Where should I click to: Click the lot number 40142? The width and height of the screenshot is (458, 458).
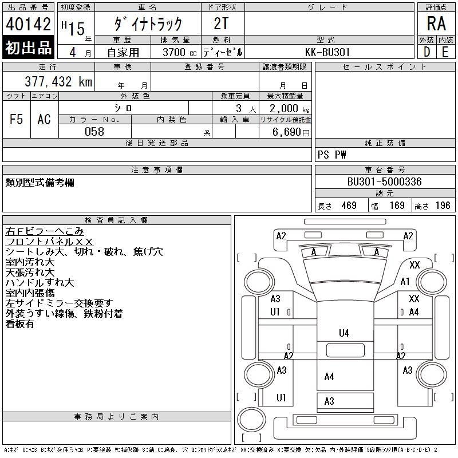(28, 24)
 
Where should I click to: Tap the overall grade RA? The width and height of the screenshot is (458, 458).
(436, 23)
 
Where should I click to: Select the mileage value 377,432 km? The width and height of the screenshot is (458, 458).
(58, 81)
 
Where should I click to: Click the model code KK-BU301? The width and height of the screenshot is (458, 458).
(327, 52)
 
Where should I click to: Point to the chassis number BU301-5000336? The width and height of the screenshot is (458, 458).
(384, 181)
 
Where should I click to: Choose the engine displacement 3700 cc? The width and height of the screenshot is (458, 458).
(180, 52)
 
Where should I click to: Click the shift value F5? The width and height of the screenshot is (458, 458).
(17, 119)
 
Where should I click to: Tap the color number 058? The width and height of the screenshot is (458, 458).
(94, 132)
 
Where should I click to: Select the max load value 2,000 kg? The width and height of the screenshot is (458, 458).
(289, 109)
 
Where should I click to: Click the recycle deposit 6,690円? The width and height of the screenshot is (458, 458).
(291, 132)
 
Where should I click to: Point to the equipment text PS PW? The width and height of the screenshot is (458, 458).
(332, 155)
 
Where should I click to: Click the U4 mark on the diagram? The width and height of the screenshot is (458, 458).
(344, 333)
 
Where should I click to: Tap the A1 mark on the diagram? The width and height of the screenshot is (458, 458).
(405, 282)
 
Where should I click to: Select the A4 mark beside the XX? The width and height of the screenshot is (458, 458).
(413, 312)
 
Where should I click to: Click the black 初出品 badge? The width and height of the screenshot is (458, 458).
(28, 48)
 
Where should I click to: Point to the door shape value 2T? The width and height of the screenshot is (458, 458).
(221, 23)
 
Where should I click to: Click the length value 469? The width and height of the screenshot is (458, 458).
(349, 206)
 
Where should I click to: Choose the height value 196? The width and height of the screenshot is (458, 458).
(443, 206)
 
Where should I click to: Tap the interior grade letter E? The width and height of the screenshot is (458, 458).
(445, 52)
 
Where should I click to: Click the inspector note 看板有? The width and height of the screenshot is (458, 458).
(20, 324)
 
